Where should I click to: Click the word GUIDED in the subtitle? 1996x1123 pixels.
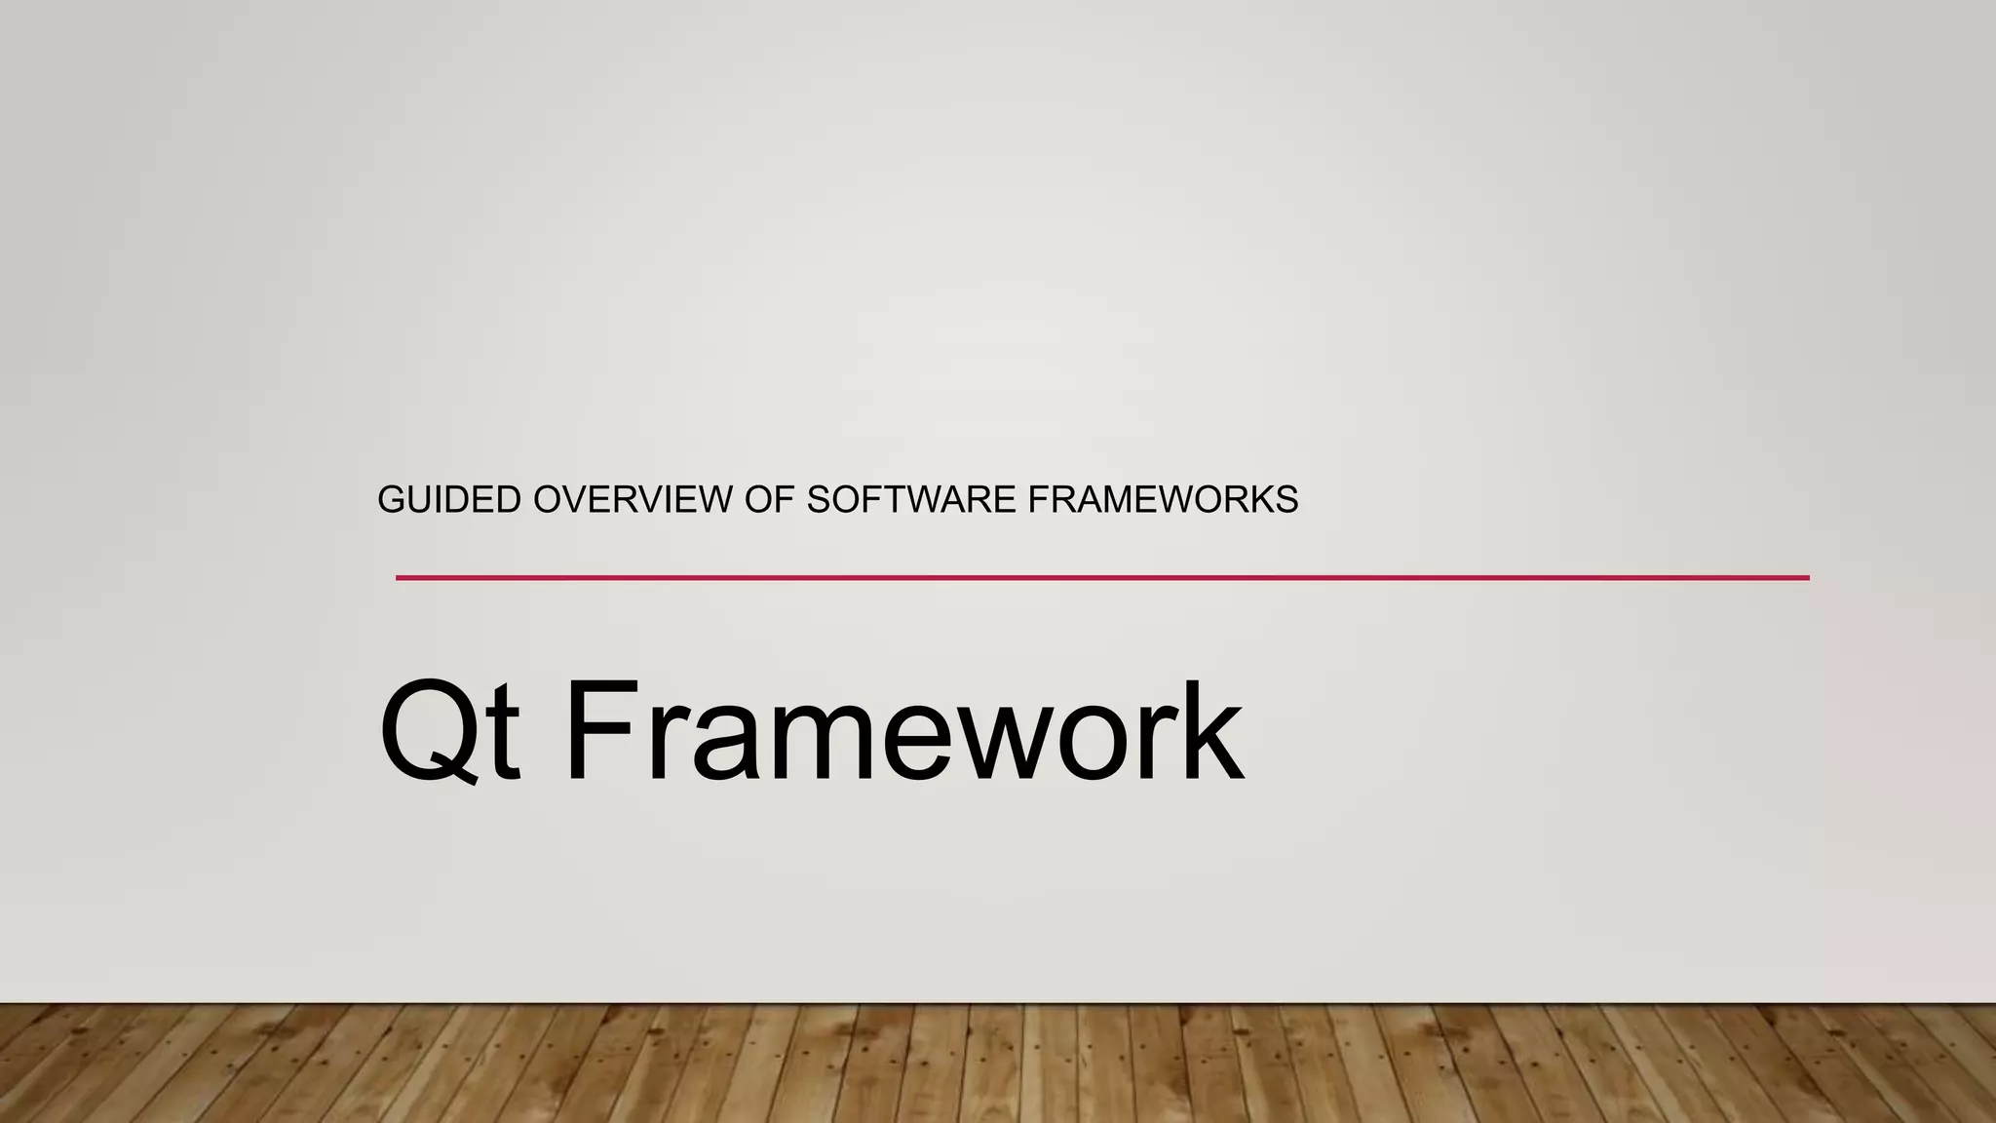pyautogui.click(x=448, y=500)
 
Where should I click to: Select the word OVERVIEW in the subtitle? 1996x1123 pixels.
pyautogui.click(x=633, y=500)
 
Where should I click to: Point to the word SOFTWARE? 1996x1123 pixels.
pyautogui.click(x=911, y=500)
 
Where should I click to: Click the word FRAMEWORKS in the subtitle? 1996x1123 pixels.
pyautogui.click(x=1163, y=500)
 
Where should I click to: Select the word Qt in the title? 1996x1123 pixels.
pyautogui.click(x=448, y=731)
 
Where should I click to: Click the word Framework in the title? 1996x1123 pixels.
pyautogui.click(x=902, y=731)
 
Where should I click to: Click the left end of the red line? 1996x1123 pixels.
pyautogui.click(x=399, y=578)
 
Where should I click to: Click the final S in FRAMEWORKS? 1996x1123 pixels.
pyautogui.click(x=1286, y=500)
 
